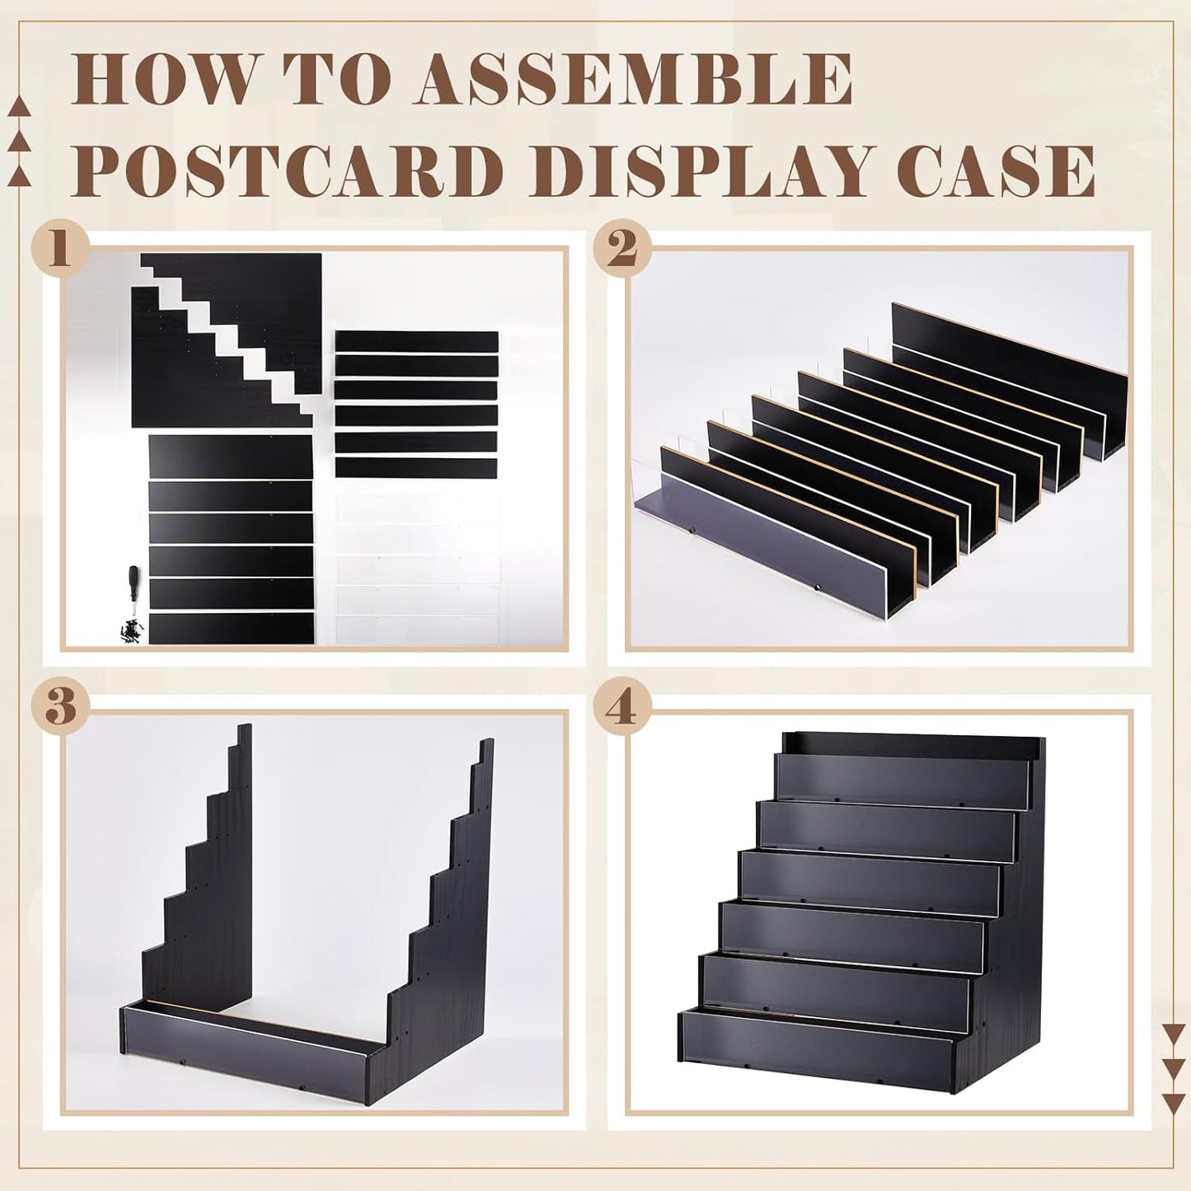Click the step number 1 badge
(59, 247)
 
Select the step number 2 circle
(622, 247)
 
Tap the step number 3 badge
(59, 707)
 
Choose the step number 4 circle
(622, 707)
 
